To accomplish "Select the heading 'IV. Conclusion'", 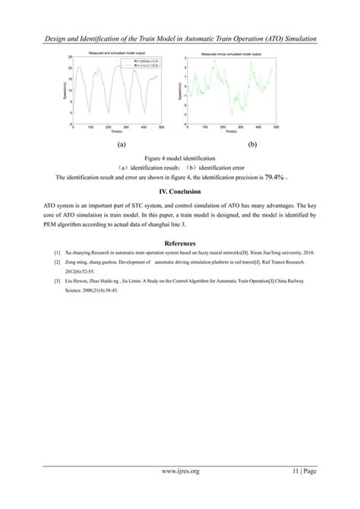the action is (x=179, y=192).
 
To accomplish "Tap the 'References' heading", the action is (x=179, y=242).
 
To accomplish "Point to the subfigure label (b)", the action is (x=252, y=143).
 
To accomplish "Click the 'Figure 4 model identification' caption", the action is (x=179, y=157).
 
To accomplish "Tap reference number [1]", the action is (x=56, y=251).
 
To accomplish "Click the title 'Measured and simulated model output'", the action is (x=115, y=53).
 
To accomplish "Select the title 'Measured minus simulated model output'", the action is (x=231, y=54).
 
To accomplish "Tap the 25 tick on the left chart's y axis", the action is (x=69, y=58).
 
